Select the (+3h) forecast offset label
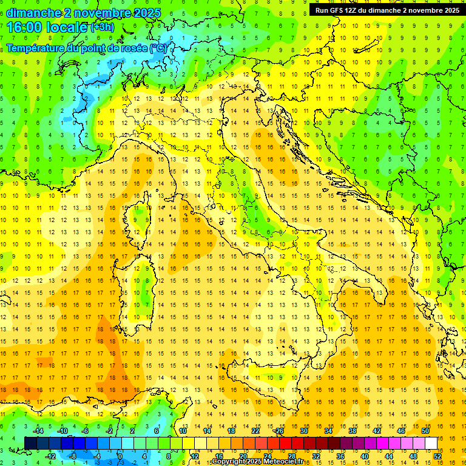point(101,27)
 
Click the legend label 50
point(425,431)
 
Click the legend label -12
point(50,456)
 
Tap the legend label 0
point(120,456)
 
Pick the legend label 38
point(352,431)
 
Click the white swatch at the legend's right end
point(431,443)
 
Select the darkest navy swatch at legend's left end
point(30,443)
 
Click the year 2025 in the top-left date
point(146,12)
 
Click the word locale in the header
point(69,27)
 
